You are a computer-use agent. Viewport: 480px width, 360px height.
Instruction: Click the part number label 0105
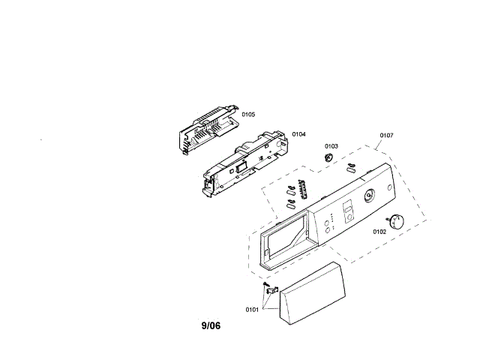(x=248, y=114)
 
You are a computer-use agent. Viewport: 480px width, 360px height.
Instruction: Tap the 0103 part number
(x=331, y=146)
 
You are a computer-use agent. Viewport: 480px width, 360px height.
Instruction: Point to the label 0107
(x=386, y=136)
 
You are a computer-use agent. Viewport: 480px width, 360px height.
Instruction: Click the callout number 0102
(x=379, y=232)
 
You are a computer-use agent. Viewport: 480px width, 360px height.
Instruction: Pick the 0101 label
(x=251, y=309)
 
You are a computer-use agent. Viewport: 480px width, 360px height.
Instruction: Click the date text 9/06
(x=211, y=326)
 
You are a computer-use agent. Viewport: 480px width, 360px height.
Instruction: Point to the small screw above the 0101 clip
(x=265, y=285)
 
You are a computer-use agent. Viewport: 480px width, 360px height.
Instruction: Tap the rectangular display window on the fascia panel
(x=347, y=210)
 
